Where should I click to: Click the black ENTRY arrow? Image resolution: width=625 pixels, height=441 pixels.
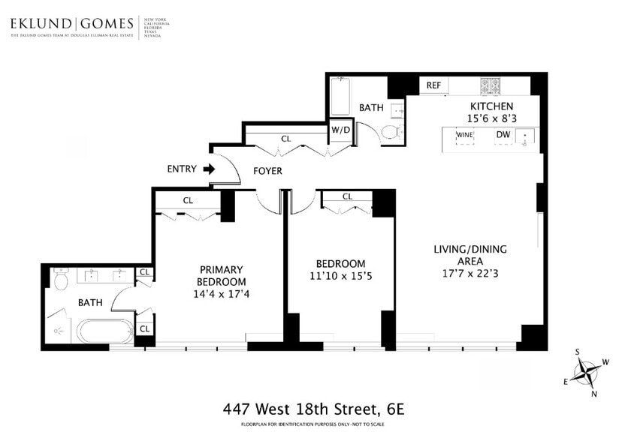[x=209, y=169]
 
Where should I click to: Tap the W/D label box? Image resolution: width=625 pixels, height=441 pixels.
[x=341, y=130]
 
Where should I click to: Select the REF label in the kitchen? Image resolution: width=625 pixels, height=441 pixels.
[x=433, y=85]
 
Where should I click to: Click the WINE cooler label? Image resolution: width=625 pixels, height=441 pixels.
[x=465, y=136]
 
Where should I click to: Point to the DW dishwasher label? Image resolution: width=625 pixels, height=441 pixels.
[x=503, y=136]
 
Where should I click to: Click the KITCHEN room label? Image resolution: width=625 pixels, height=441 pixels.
[x=491, y=106]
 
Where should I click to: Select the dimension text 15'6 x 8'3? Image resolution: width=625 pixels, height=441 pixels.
[x=491, y=118]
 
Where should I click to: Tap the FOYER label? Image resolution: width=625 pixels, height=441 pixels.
[x=267, y=171]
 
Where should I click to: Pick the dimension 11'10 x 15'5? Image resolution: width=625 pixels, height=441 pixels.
[x=340, y=276]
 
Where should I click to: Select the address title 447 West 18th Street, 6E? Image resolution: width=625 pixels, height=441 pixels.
[x=313, y=409]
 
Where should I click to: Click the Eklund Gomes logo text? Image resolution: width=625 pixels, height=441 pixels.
[x=72, y=24]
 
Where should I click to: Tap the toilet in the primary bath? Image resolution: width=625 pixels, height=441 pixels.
[x=61, y=280]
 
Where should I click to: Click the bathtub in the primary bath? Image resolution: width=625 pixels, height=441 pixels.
[x=104, y=331]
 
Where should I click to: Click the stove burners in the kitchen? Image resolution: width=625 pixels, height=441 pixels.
[x=496, y=85]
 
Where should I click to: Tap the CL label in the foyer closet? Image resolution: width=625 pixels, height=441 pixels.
[x=285, y=139]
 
